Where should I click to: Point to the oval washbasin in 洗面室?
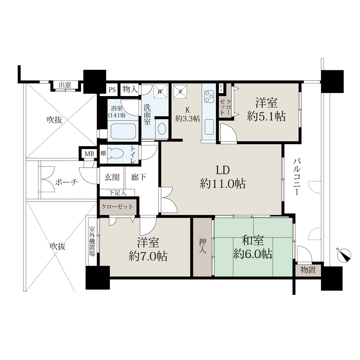(x=162, y=129)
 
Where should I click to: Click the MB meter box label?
(x=89, y=154)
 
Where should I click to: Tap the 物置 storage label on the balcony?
(x=308, y=270)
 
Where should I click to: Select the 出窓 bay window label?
(x=65, y=85)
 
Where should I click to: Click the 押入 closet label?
(x=203, y=247)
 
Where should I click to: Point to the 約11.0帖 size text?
(x=223, y=184)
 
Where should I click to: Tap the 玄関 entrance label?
(x=112, y=177)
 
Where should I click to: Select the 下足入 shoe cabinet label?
(x=118, y=193)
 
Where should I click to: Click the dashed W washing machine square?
(x=160, y=91)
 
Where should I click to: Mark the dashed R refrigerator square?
(x=180, y=91)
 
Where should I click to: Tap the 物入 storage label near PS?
(x=130, y=89)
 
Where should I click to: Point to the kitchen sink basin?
(x=209, y=127)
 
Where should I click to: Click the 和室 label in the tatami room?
(x=253, y=241)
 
